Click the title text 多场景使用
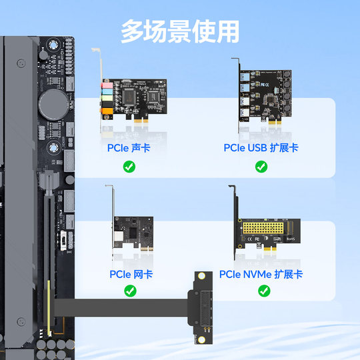(179, 31)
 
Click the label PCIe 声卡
(129, 147)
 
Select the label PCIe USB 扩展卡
(261, 147)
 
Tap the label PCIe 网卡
(129, 274)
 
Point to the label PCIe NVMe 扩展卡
(262, 274)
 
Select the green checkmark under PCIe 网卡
(129, 291)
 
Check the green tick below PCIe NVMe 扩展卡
(264, 291)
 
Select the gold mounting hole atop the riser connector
(199, 277)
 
